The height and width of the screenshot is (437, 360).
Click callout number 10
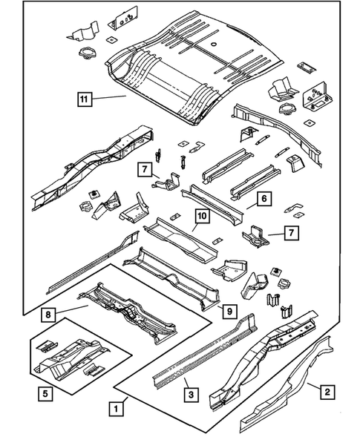tap(201, 217)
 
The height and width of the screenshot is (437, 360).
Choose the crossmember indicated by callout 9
tap(178, 275)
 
